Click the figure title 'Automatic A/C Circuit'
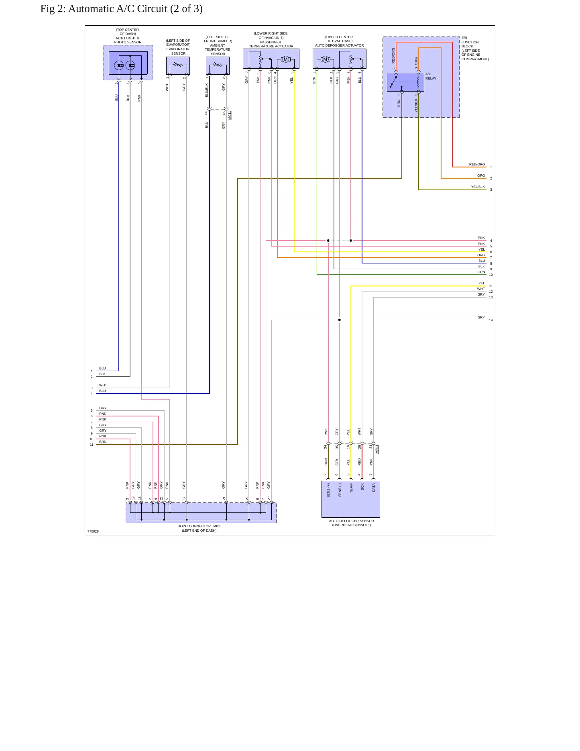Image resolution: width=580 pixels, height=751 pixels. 118,9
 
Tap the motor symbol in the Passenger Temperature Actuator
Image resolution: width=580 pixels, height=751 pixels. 286,59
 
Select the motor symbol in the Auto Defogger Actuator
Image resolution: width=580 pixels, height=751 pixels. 325,59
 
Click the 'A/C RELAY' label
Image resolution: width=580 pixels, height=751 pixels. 431,76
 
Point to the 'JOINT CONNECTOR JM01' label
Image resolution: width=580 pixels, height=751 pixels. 199,526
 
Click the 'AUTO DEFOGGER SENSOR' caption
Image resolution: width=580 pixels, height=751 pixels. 351,521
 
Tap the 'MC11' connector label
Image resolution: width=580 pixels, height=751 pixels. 230,115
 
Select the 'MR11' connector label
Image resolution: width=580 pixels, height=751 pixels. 377,449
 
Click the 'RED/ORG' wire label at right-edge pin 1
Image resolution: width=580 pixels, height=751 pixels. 477,164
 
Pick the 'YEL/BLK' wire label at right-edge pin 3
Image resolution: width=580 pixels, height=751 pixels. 478,187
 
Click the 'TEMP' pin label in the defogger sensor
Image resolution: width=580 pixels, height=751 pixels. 351,488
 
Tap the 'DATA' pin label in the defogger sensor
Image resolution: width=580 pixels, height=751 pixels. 374,488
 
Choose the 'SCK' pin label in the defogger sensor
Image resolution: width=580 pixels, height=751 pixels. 362,487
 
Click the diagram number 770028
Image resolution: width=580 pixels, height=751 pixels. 93,531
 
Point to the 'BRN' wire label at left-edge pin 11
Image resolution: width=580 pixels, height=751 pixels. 103,442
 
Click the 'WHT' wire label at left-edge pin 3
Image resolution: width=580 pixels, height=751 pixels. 103,385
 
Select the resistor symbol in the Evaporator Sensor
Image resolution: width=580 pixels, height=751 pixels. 178,64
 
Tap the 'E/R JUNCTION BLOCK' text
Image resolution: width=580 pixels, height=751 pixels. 470,42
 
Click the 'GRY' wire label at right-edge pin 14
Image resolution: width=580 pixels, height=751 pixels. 481,317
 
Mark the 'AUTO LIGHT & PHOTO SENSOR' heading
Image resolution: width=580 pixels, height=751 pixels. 128,40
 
